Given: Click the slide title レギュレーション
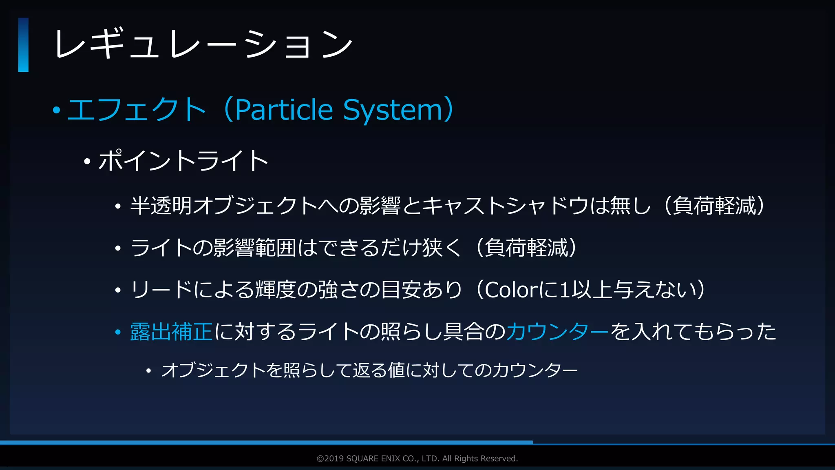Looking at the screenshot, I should point(203,44).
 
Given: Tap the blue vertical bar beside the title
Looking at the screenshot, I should point(23,45).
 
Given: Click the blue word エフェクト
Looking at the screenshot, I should point(137,109).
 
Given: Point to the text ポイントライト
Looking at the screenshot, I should point(183,160).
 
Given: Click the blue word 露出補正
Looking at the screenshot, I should point(171,331).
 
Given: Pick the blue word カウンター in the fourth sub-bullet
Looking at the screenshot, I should point(558,331).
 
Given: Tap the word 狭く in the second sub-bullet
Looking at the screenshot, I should point(442,248).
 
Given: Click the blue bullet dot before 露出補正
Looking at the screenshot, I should point(118,332).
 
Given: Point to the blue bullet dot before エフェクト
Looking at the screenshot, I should point(56,110).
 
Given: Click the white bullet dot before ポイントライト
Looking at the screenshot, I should point(87,162).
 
